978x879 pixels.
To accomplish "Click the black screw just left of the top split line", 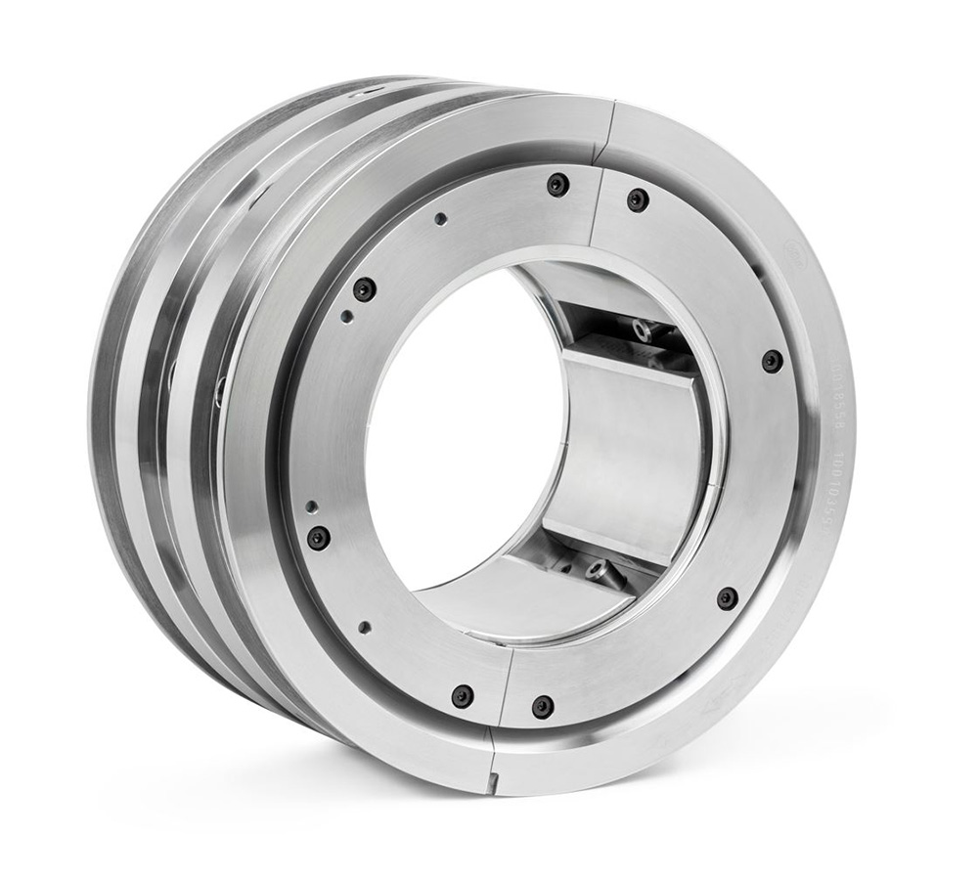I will [x=557, y=184].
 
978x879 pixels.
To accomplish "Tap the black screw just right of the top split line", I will [x=638, y=199].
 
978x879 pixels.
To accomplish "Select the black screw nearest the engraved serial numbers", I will [x=772, y=360].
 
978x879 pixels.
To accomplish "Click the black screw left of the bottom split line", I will [x=462, y=696].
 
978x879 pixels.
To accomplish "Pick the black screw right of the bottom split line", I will [x=542, y=705].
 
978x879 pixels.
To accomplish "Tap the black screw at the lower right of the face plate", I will [x=727, y=597].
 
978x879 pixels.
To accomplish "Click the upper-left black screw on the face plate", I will [x=364, y=289].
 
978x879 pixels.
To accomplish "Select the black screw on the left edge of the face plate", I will [x=317, y=537].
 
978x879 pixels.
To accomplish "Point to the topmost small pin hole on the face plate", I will [x=441, y=219].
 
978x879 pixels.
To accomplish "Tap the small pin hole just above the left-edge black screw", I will [x=312, y=506].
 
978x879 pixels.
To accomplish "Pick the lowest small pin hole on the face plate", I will [x=364, y=627].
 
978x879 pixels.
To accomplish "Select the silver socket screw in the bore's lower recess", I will [x=596, y=568].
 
